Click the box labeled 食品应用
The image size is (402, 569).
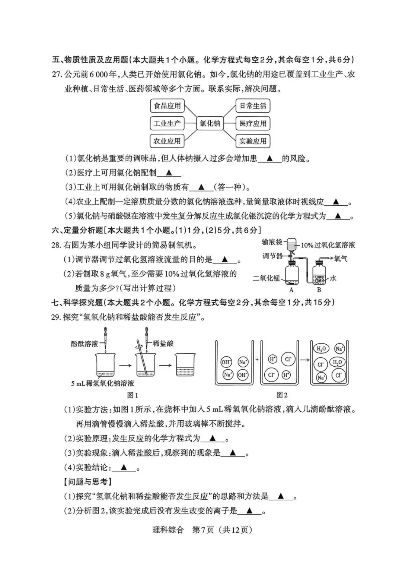pyautogui.click(x=167, y=106)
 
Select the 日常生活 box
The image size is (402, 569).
pyautogui.click(x=253, y=106)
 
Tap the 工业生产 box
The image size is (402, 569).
pyautogui.click(x=167, y=123)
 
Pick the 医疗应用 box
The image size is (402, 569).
pyautogui.click(x=253, y=123)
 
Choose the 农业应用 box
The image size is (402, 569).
pyautogui.click(x=167, y=141)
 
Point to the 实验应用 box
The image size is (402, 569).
pyautogui.click(x=253, y=141)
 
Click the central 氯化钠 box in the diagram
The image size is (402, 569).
pyautogui.click(x=210, y=123)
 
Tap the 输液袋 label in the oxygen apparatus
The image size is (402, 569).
pyautogui.click(x=272, y=243)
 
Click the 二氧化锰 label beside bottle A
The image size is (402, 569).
pyautogui.click(x=266, y=278)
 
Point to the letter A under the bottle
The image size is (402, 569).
pyautogui.click(x=291, y=290)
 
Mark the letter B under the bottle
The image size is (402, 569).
pyautogui.click(x=319, y=290)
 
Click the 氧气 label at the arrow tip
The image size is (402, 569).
pyautogui.click(x=341, y=258)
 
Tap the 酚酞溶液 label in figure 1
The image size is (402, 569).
pyautogui.click(x=84, y=344)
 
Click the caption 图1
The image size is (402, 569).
pyautogui.click(x=133, y=395)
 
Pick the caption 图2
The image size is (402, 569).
pyautogui.click(x=282, y=395)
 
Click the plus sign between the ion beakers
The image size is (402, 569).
pyautogui.click(x=257, y=360)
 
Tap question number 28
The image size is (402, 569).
pyautogui.click(x=56, y=245)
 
